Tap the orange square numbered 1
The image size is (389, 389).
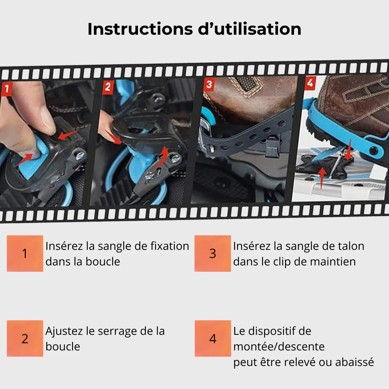[x=25, y=253]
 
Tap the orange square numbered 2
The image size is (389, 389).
[x=25, y=338]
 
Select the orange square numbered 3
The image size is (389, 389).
[x=213, y=253]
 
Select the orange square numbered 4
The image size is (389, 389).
[x=213, y=338]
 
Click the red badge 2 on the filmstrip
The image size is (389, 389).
[x=108, y=87]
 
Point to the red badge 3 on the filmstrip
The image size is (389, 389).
[x=209, y=85]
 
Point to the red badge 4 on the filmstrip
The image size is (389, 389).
[x=310, y=83]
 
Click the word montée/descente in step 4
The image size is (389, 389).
[x=279, y=347]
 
